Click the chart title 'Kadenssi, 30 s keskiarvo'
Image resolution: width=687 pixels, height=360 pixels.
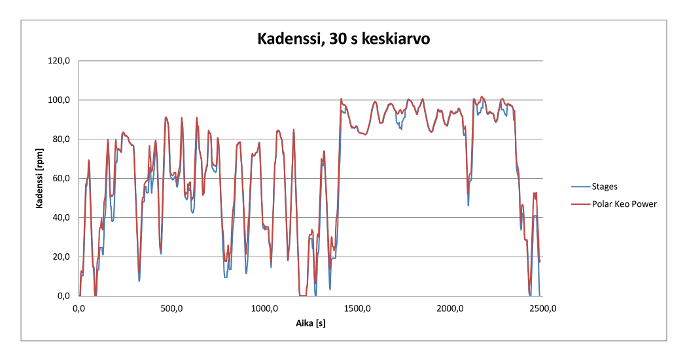click(x=342, y=40)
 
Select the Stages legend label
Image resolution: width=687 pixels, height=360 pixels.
click(x=604, y=187)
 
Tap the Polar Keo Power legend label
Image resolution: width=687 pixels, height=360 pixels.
click(x=624, y=204)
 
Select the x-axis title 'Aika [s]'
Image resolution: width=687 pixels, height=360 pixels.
click(x=309, y=325)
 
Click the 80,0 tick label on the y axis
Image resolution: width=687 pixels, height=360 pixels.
click(x=63, y=139)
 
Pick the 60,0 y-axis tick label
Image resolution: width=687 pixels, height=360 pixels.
click(x=63, y=178)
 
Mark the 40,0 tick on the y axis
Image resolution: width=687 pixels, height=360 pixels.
click(x=63, y=217)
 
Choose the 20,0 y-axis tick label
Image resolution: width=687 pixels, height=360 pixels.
click(x=63, y=257)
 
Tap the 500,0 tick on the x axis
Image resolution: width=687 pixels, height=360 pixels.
click(x=172, y=308)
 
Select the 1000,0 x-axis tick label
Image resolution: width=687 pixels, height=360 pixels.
click(x=265, y=308)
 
